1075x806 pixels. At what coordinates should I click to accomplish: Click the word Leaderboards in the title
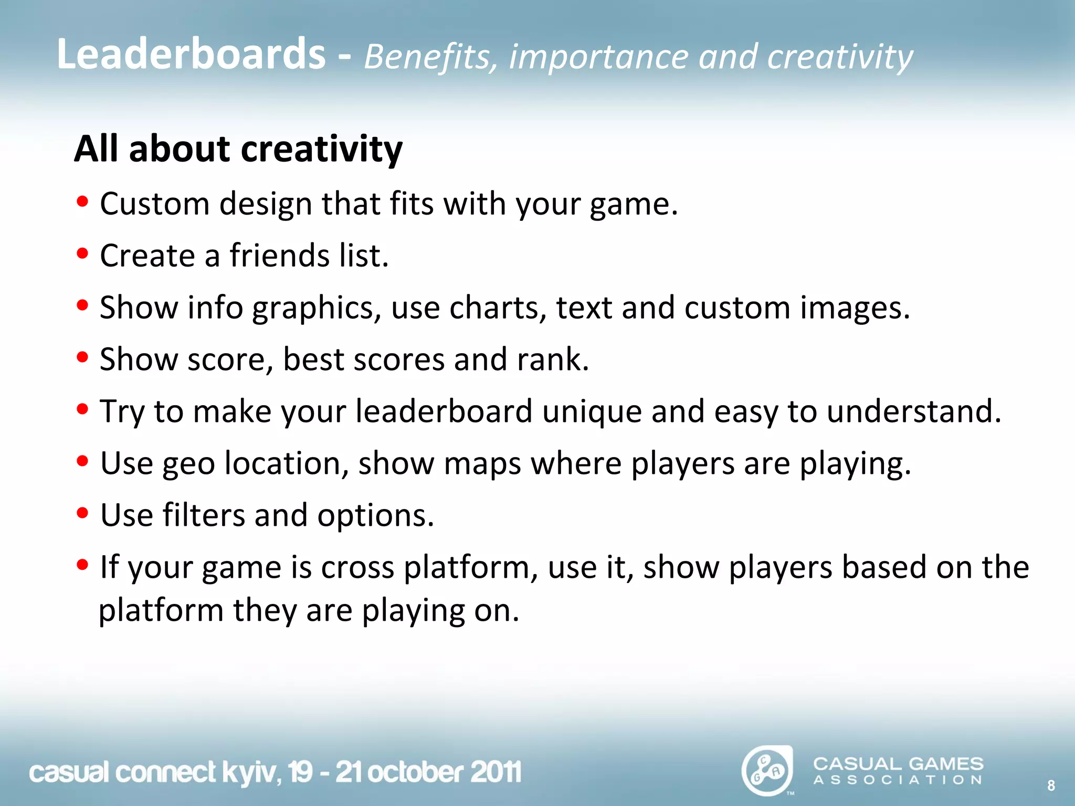pos(191,54)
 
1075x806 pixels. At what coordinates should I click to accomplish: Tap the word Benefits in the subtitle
pos(430,57)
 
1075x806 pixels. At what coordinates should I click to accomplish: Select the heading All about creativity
pos(238,149)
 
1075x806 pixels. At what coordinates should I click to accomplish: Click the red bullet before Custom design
pos(82,201)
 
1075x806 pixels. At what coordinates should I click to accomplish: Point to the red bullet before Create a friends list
pos(82,253)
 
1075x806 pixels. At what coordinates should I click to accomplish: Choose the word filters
pos(204,515)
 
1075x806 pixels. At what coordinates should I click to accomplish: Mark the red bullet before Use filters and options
pos(82,513)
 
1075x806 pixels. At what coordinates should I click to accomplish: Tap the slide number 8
pos(1051,786)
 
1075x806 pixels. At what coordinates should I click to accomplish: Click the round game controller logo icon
pos(767,770)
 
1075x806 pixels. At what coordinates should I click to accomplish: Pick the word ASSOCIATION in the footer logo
pos(898,780)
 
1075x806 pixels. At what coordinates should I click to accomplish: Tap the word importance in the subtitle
pos(598,57)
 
